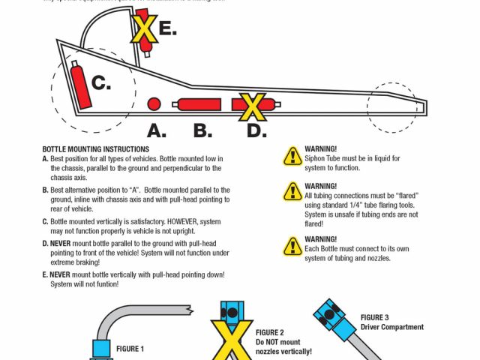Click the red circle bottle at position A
pos(154,103)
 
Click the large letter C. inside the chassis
pos(100,82)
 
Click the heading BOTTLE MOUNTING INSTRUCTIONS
pos(95,149)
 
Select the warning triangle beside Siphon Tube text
pos(291,155)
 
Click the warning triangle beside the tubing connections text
pos(291,191)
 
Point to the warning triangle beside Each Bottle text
pos(291,244)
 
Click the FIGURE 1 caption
pos(130,349)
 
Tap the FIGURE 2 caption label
pos(269,332)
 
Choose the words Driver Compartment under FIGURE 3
pos(392,327)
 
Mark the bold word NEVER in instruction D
pos(61,244)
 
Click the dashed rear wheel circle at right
pos(392,106)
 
